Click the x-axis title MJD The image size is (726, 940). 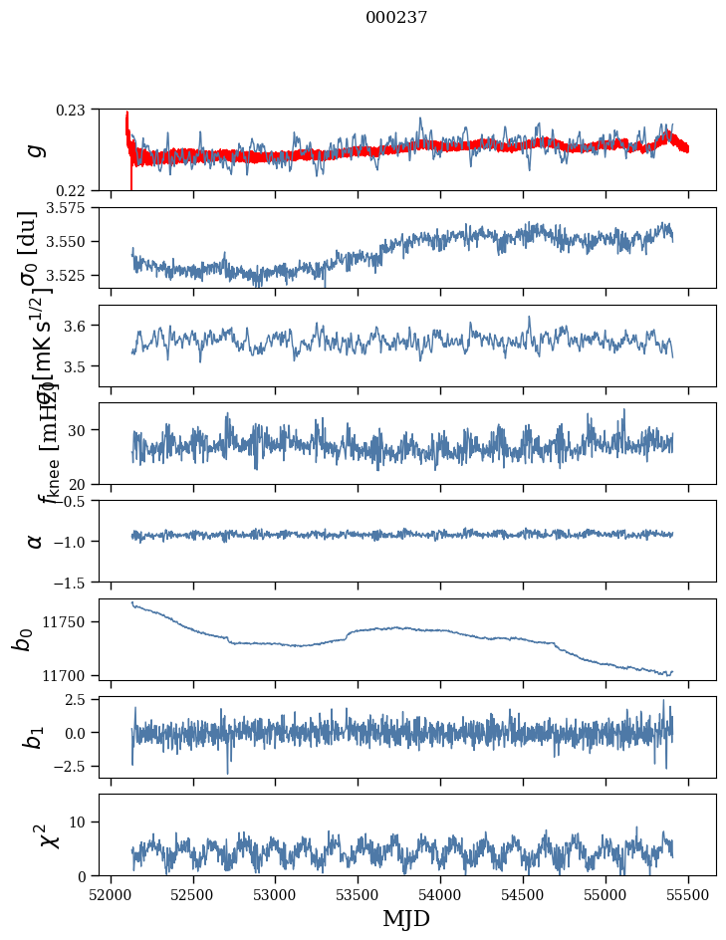click(406, 919)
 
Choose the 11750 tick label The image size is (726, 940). click(68, 622)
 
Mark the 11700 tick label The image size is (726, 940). click(68, 675)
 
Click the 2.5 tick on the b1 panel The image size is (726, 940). click(79, 700)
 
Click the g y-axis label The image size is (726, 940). click(37, 149)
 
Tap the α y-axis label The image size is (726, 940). click(35, 541)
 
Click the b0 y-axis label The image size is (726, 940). click(22, 638)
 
